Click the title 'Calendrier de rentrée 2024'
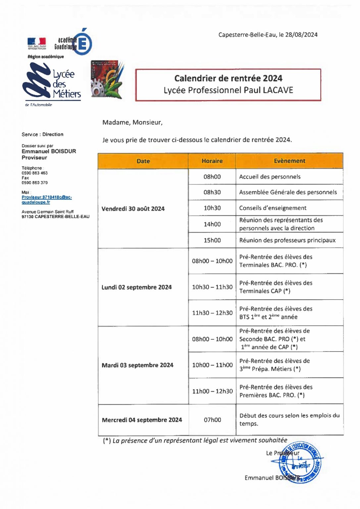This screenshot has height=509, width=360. [x=228, y=79]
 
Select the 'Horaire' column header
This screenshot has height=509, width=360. [x=212, y=161]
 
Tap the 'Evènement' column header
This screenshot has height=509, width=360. [x=289, y=161]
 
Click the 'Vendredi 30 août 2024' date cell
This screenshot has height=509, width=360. [x=133, y=209]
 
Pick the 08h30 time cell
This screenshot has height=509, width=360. [x=212, y=193]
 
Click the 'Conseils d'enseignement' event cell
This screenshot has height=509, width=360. [x=273, y=208]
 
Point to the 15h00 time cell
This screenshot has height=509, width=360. [x=212, y=241]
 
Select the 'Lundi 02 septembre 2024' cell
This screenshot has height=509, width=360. [x=136, y=287]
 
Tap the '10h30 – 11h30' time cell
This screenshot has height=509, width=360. [x=212, y=287]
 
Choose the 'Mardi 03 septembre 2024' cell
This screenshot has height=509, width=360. [x=137, y=365]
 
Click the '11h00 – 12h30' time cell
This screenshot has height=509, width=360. [x=212, y=391]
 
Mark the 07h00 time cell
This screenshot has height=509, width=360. [x=212, y=420]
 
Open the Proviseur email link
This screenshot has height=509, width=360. [x=46, y=199]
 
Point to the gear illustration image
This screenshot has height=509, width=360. [x=107, y=80]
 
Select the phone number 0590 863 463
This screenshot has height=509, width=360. [x=34, y=173]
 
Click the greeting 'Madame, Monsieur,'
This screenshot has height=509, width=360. [x=132, y=123]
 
